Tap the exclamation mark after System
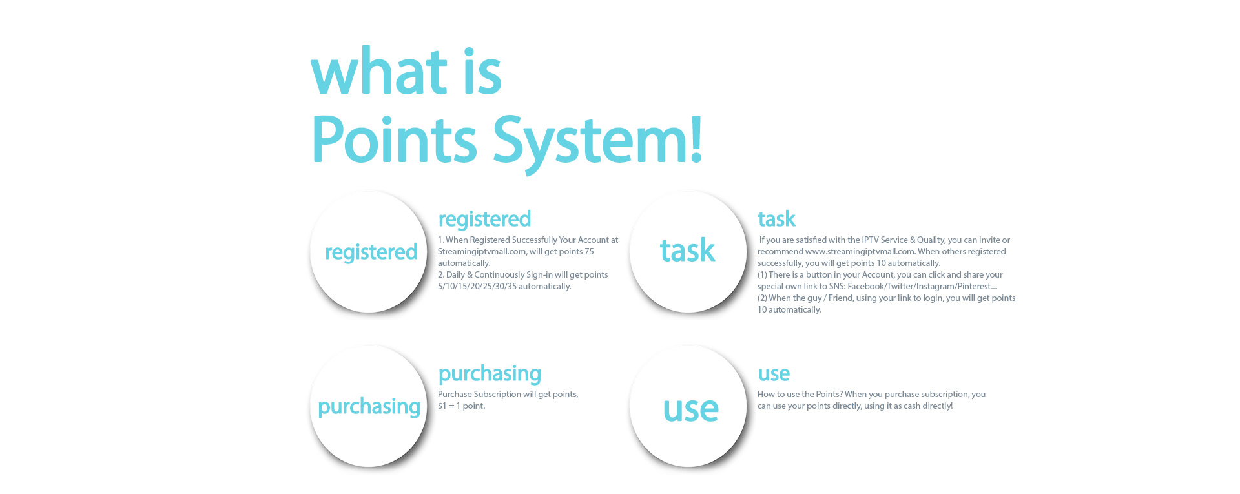696,138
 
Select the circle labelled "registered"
369,252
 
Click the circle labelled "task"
688,252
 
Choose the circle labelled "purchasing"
369,406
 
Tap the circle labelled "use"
688,406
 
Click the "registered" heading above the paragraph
484,220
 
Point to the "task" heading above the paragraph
776,219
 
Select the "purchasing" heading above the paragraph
490,374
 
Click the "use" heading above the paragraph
774,374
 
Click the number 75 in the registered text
589,251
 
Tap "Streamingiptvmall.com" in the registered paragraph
482,252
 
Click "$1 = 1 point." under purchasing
461,406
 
